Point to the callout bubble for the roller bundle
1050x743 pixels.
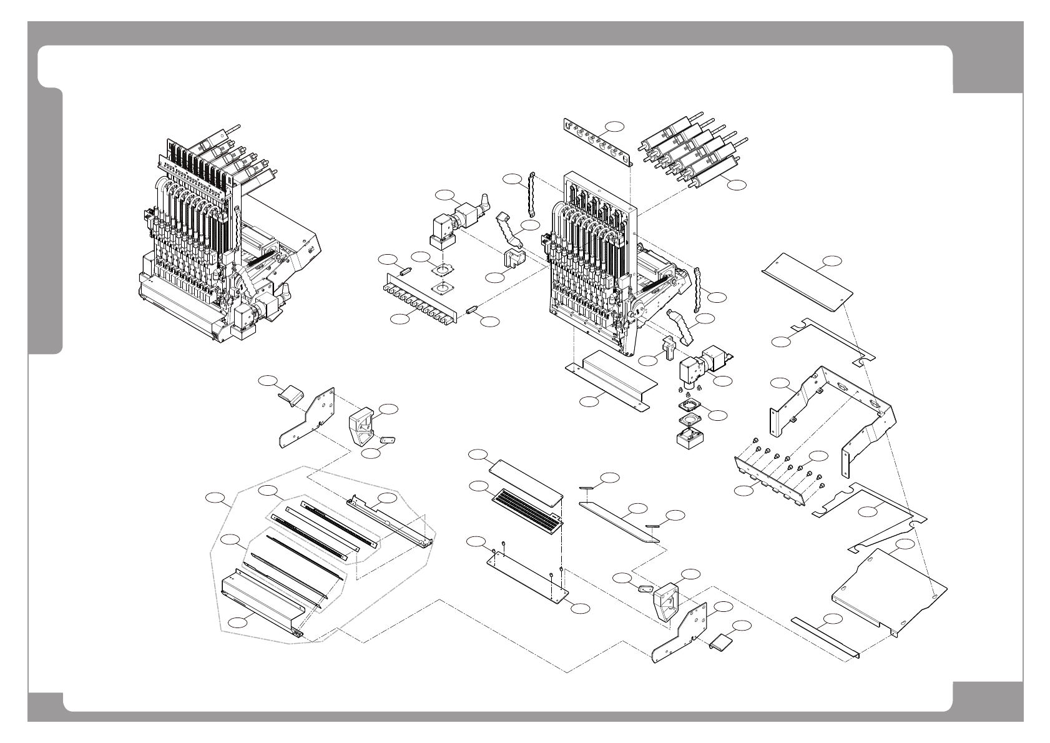[737, 184]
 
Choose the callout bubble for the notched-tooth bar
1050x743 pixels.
[399, 319]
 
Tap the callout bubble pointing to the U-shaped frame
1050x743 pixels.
[778, 382]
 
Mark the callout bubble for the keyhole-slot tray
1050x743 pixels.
[905, 545]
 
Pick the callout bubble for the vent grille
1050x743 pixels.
[478, 486]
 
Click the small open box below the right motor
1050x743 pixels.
[692, 435]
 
